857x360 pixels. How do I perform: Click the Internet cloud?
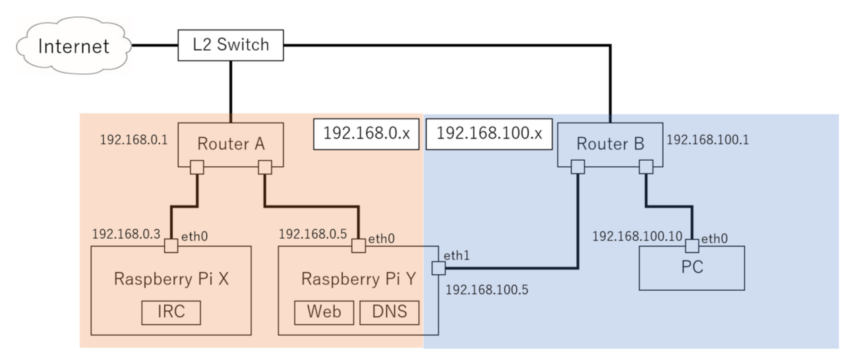73,46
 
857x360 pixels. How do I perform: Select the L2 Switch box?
231,45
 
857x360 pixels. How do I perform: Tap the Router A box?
231,144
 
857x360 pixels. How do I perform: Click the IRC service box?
171,313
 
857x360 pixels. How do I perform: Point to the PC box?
692,268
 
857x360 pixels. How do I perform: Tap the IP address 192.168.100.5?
487,288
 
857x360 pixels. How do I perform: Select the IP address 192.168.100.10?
635,235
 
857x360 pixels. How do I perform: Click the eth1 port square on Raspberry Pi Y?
438,268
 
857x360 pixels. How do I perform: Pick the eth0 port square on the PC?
692,246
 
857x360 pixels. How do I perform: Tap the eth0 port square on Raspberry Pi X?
171,246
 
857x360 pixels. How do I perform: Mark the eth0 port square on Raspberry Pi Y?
359,246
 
